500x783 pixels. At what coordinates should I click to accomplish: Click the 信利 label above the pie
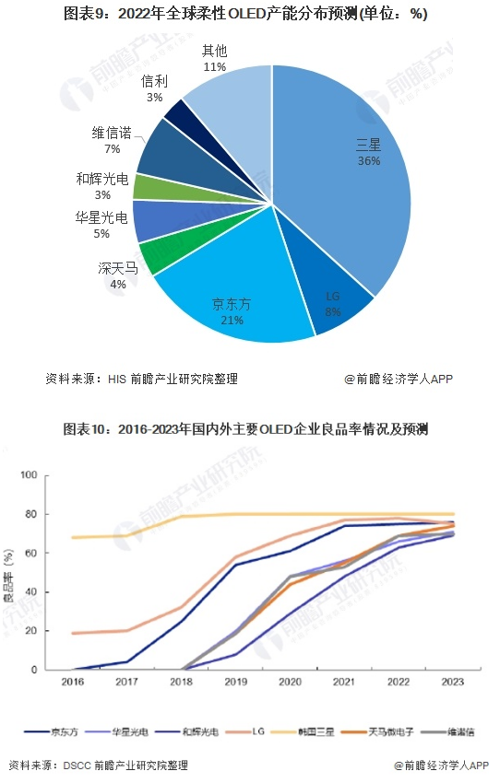tap(154, 81)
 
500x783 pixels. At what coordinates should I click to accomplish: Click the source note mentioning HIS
tap(146, 378)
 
